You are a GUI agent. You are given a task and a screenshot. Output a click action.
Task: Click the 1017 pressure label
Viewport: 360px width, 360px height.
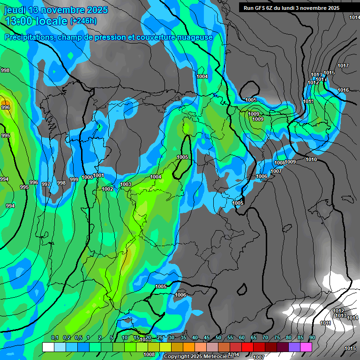click(343, 66)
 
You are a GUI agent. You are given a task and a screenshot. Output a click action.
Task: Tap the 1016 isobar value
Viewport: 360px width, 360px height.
click(343, 90)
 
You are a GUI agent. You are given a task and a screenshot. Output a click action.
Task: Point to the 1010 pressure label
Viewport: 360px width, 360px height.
click(311, 159)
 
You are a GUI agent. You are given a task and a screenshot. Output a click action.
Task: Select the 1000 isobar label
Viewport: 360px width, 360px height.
click(87, 177)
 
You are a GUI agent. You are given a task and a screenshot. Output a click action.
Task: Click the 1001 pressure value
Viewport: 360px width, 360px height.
click(98, 175)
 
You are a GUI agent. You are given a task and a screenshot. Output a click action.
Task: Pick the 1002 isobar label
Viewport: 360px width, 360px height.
click(107, 189)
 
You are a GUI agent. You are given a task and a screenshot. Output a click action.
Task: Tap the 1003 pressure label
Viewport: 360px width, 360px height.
click(126, 185)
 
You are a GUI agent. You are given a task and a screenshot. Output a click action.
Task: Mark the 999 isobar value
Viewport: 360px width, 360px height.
click(74, 180)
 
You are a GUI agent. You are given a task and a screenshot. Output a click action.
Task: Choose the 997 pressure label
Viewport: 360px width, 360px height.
click(46, 184)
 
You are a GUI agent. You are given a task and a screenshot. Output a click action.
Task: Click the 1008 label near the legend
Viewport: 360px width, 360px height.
click(149, 355)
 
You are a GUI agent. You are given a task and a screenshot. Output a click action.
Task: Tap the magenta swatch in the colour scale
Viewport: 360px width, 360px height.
click(306, 347)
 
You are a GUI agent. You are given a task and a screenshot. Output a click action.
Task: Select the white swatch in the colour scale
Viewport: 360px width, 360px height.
click(48, 347)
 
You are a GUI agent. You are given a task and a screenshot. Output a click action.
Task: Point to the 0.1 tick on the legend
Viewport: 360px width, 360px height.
click(55, 338)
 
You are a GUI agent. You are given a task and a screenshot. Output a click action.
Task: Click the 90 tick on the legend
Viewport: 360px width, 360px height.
click(312, 338)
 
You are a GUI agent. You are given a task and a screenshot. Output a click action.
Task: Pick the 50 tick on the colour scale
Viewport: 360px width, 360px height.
click(218, 338)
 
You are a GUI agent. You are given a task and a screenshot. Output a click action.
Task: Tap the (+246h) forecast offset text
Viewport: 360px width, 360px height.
click(83, 21)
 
